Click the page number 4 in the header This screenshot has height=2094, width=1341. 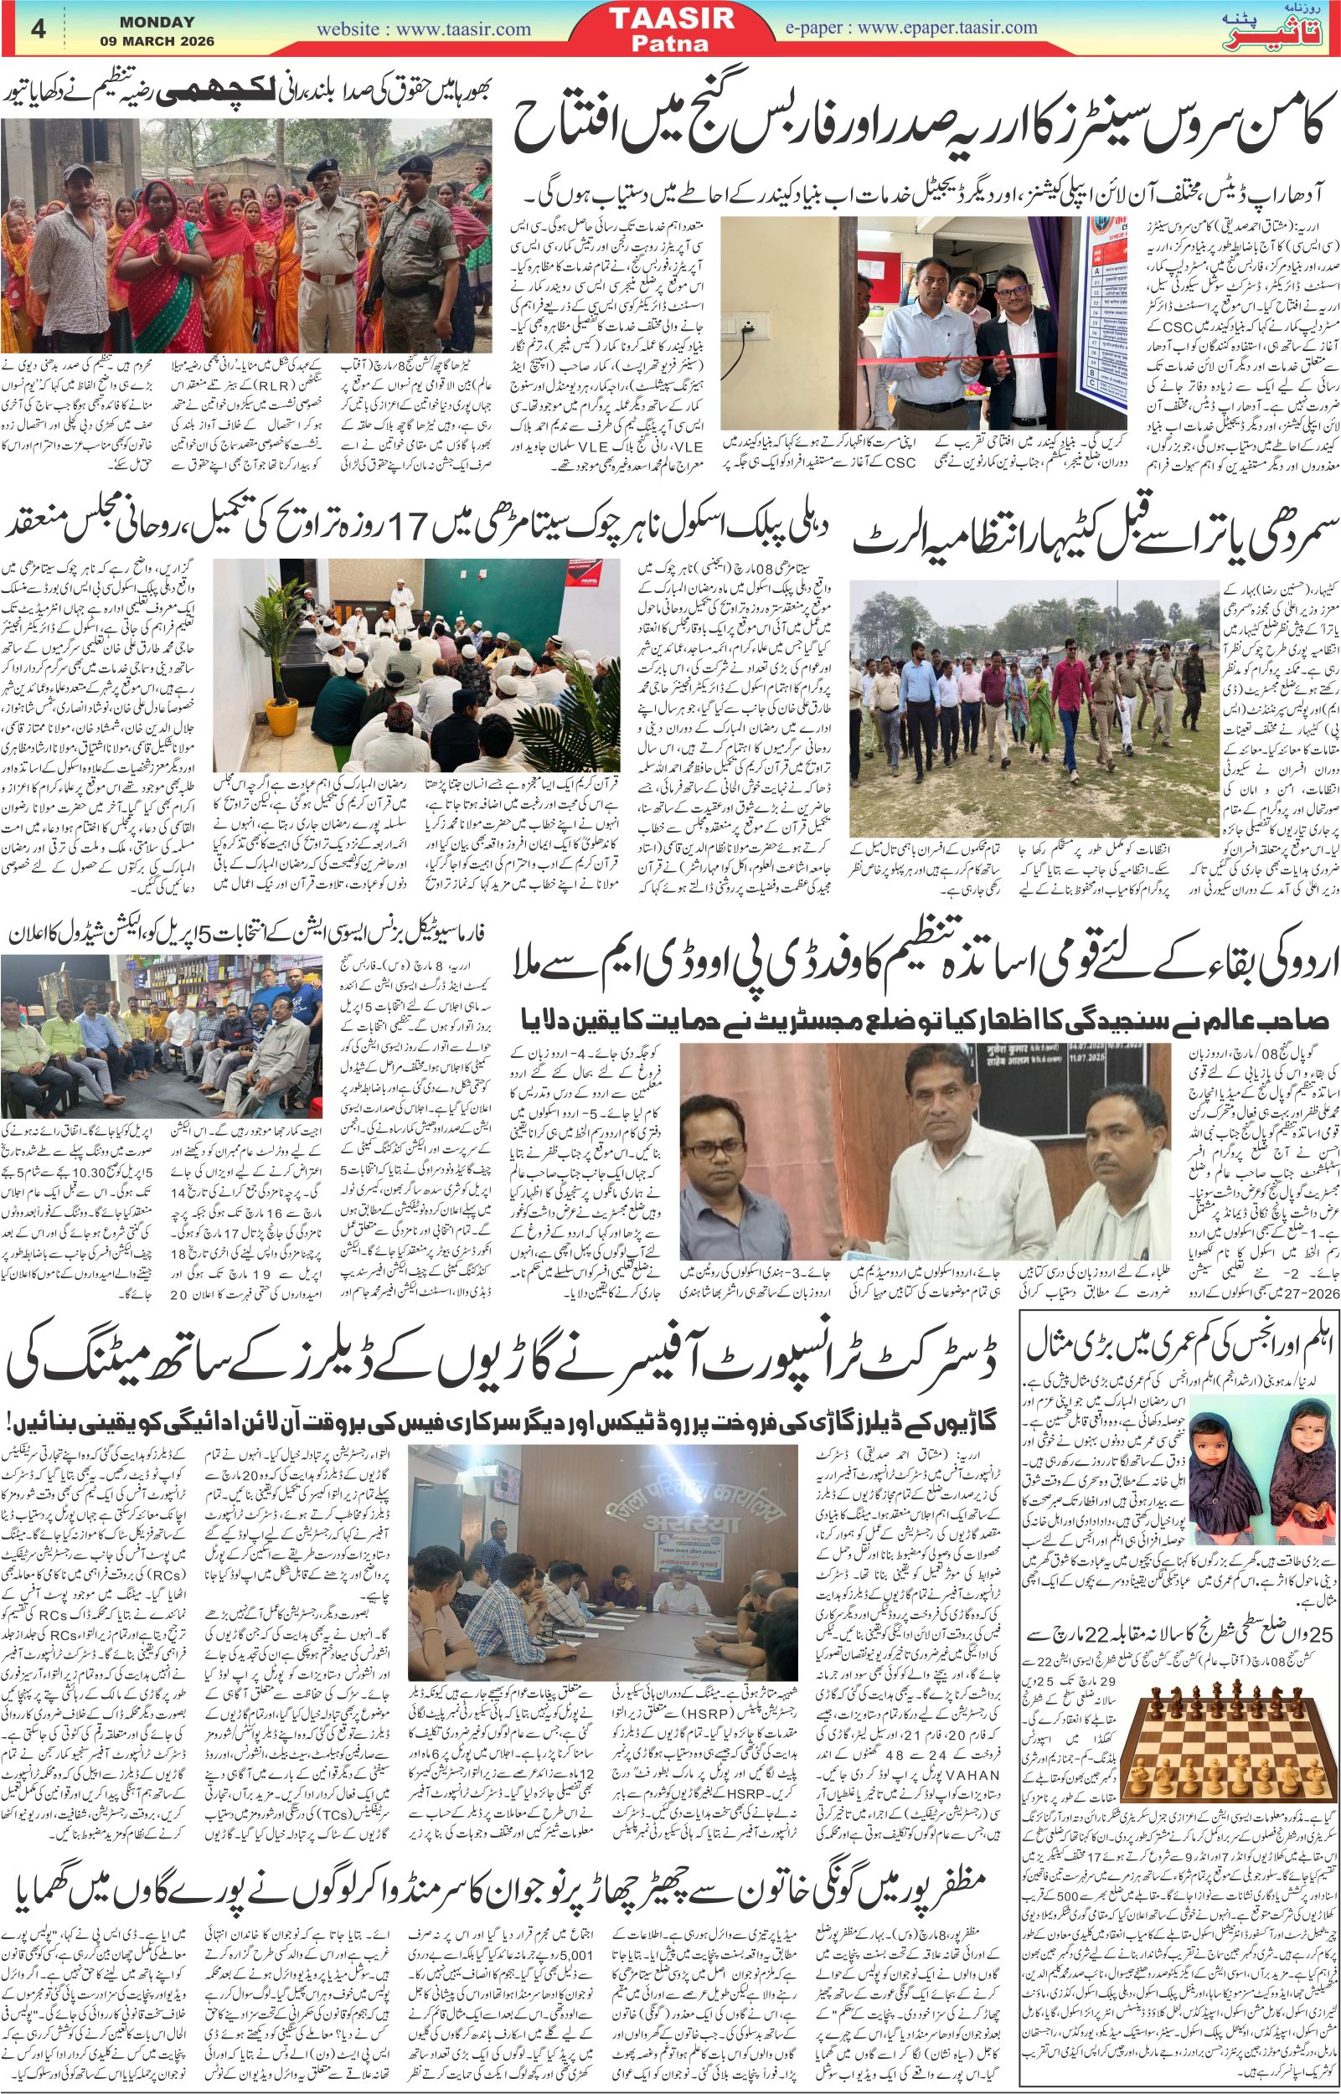click(38, 28)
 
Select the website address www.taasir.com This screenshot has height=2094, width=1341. click(423, 28)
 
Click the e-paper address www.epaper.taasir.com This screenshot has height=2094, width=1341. click(911, 28)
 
